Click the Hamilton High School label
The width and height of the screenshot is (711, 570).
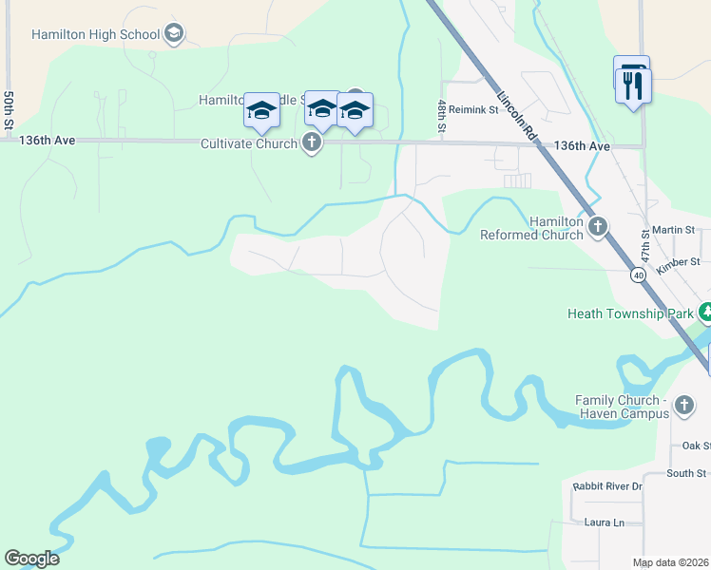pyautogui.click(x=95, y=35)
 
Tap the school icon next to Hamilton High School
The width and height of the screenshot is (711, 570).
pyautogui.click(x=173, y=35)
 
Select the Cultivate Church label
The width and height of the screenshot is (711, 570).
pyautogui.click(x=248, y=144)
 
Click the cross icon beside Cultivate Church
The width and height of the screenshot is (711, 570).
pyautogui.click(x=311, y=144)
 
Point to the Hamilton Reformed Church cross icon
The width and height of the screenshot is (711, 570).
pyautogui.click(x=597, y=226)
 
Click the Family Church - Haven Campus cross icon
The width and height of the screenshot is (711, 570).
pyautogui.click(x=683, y=408)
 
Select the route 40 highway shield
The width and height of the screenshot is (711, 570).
pyautogui.click(x=637, y=274)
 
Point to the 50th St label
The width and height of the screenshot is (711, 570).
pyautogui.click(x=9, y=111)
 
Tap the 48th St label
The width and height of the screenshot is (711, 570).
pyautogui.click(x=442, y=116)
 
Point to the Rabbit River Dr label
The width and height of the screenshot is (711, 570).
pyautogui.click(x=608, y=486)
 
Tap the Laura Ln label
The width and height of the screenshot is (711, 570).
pyautogui.click(x=605, y=522)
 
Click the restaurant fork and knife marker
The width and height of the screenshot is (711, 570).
pyautogui.click(x=632, y=85)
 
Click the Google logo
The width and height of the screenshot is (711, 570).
pyautogui.click(x=31, y=559)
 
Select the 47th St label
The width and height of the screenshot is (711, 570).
pyautogui.click(x=644, y=245)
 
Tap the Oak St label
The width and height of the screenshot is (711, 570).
pyautogui.click(x=696, y=446)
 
